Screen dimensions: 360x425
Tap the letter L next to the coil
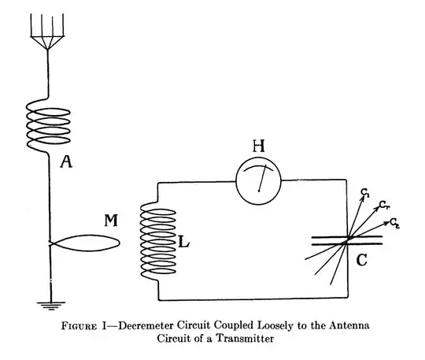[183, 244]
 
